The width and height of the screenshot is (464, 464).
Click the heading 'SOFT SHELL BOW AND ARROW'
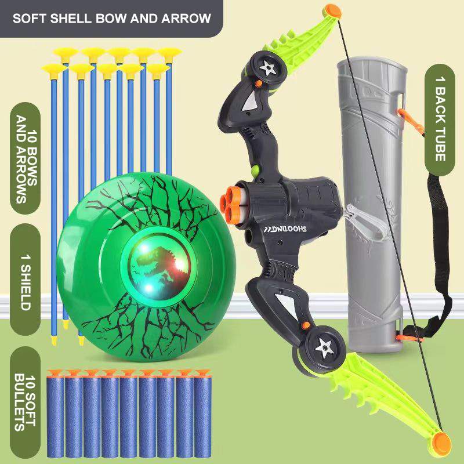111,18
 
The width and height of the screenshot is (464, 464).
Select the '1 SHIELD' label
25,278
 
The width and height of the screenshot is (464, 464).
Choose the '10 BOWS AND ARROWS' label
25,159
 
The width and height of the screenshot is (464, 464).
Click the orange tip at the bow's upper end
332,10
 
